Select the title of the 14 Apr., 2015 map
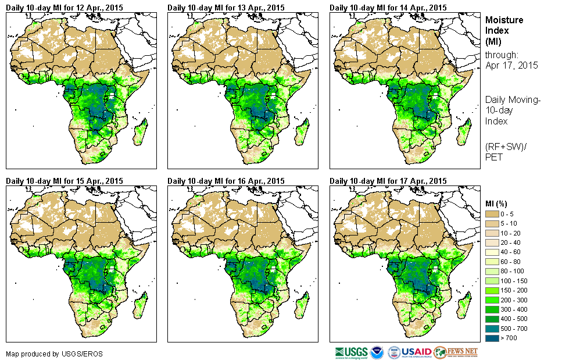(x=388, y=8)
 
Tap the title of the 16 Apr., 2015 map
(x=226, y=181)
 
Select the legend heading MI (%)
(x=497, y=204)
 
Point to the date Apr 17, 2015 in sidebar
(x=511, y=66)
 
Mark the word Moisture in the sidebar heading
(x=504, y=20)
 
